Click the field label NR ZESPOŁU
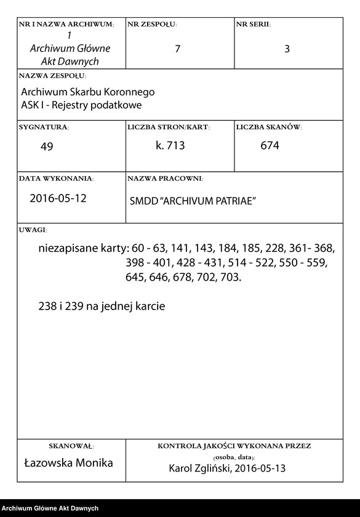[x=152, y=24]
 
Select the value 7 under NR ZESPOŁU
[x=177, y=50]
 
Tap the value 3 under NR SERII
[x=287, y=50]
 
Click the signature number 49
[x=47, y=146]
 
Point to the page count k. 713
[x=170, y=146]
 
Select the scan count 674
[x=270, y=146]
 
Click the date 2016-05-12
[x=58, y=199]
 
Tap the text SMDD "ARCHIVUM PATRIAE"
[x=193, y=201]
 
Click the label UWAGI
[x=33, y=229]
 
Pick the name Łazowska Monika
[x=68, y=463]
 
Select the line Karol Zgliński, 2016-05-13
[x=227, y=468]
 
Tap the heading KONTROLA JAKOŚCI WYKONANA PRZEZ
[x=234, y=445]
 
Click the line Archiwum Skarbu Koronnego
[x=88, y=92]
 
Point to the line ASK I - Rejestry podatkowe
[x=82, y=105]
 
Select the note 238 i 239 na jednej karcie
[x=102, y=306]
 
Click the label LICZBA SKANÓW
[x=268, y=127]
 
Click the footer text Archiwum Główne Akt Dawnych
[x=50, y=508]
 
